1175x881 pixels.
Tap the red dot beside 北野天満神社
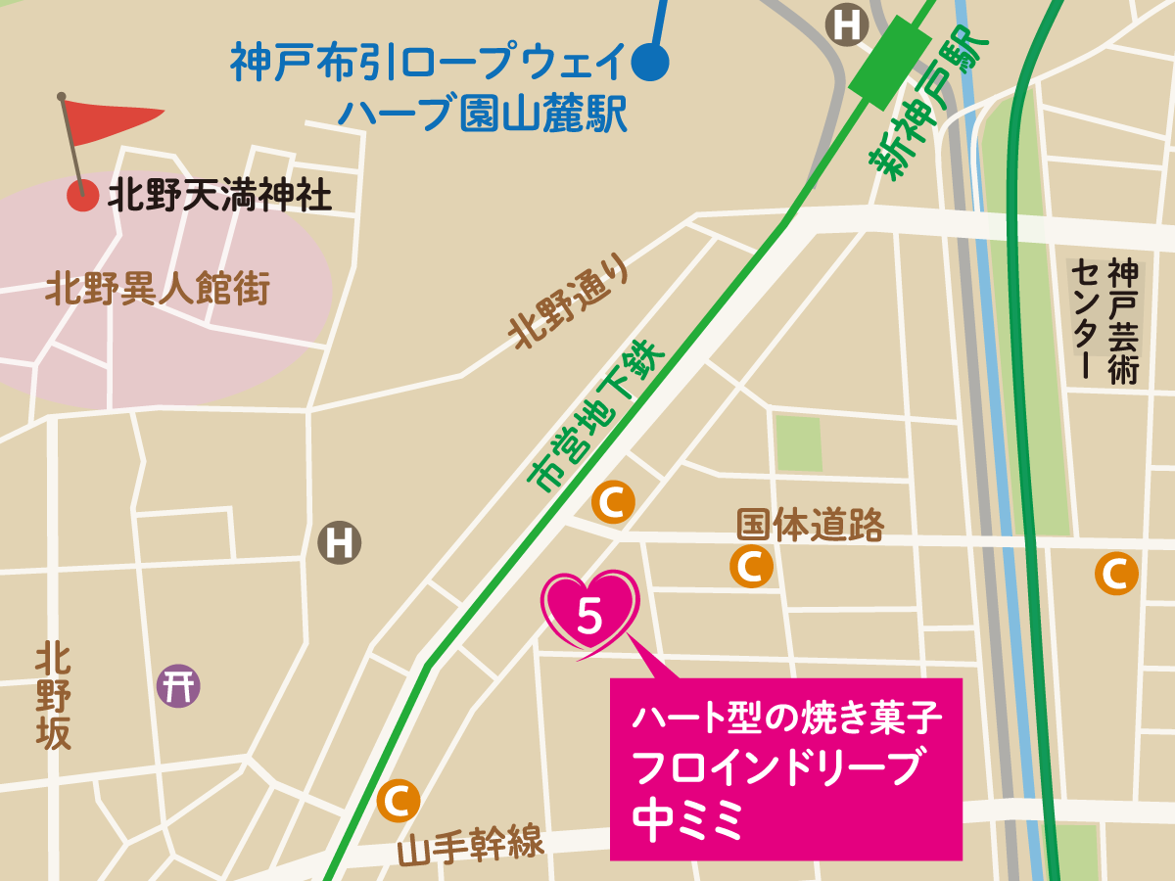coord(82,196)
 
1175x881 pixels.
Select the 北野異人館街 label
coord(157,290)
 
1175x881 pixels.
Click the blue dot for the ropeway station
coord(650,64)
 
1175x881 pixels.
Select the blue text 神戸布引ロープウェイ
coord(427,65)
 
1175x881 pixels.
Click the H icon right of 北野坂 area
coord(340,542)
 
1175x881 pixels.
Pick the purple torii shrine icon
coord(178,685)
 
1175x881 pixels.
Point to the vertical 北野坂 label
coord(54,696)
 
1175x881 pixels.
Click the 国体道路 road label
coord(810,526)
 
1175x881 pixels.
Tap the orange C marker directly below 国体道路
coord(751,566)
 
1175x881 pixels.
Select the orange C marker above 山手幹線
coord(399,801)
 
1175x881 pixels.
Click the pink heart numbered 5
coord(590,612)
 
